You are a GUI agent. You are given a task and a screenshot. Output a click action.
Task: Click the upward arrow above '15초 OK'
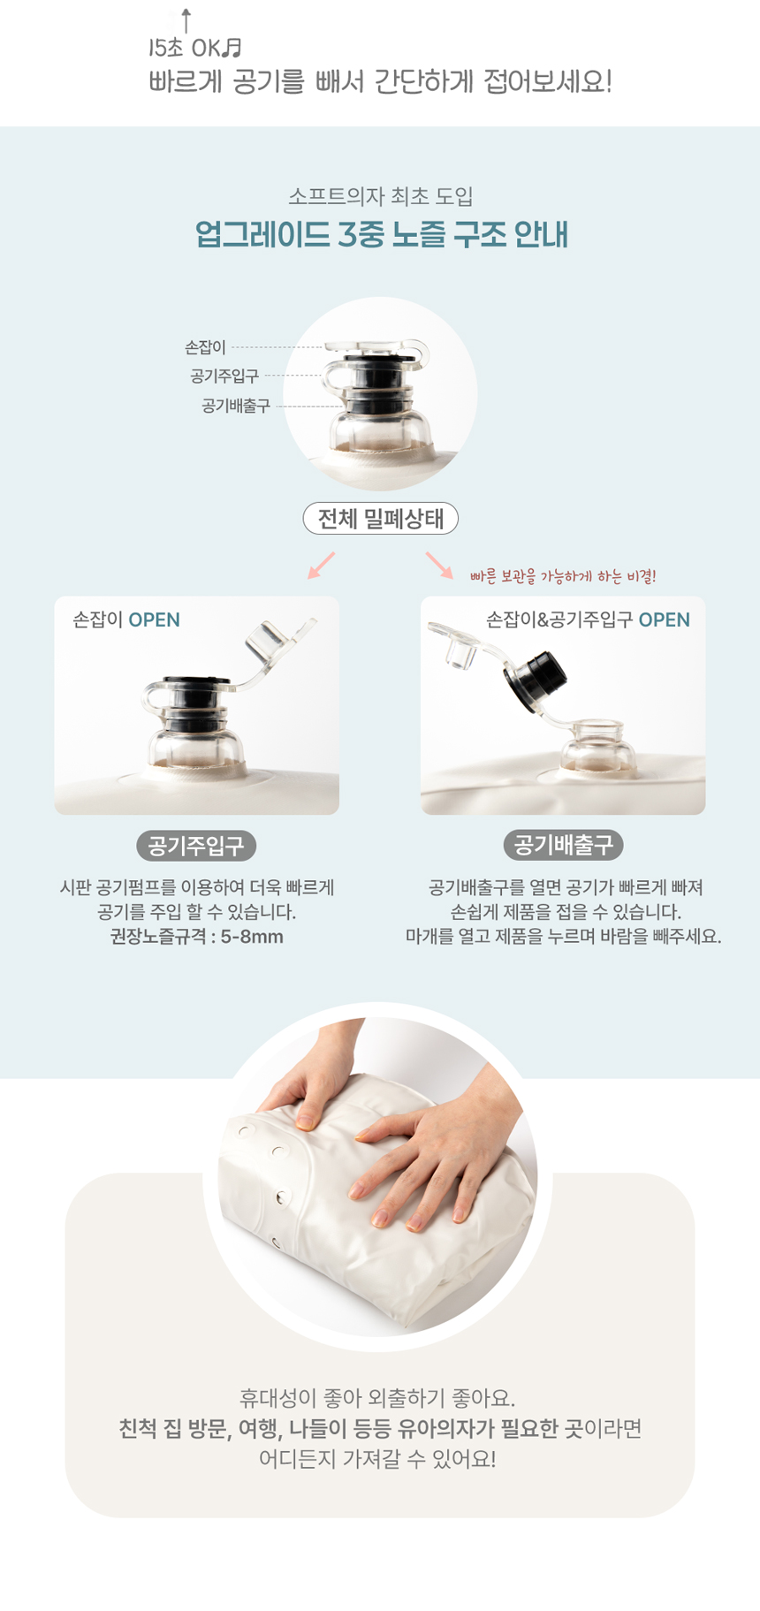pyautogui.click(x=186, y=21)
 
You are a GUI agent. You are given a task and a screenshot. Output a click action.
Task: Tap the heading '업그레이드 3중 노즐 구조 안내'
pyautogui.click(x=381, y=235)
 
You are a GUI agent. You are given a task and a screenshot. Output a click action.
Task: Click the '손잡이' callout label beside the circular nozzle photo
pyautogui.click(x=205, y=347)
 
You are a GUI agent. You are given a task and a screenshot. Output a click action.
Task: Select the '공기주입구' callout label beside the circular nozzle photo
pyautogui.click(x=224, y=376)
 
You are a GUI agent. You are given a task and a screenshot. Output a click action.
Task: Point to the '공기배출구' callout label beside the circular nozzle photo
pyautogui.click(x=236, y=406)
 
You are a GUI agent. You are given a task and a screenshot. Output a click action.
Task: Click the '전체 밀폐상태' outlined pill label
pyautogui.click(x=381, y=518)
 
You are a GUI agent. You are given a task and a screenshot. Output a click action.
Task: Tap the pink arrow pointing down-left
pyautogui.click(x=322, y=565)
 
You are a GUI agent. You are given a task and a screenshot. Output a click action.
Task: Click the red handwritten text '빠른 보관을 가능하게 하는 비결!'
pyautogui.click(x=563, y=576)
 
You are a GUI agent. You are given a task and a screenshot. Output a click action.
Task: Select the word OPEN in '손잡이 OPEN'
pyautogui.click(x=155, y=619)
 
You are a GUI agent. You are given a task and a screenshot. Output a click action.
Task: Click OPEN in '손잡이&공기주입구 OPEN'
pyautogui.click(x=665, y=619)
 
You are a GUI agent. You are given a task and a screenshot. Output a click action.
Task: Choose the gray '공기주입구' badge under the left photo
pyautogui.click(x=196, y=846)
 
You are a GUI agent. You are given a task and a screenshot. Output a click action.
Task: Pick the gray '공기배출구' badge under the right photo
pyautogui.click(x=564, y=846)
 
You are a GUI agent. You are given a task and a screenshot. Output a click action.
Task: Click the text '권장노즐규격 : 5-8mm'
pyautogui.click(x=196, y=937)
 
